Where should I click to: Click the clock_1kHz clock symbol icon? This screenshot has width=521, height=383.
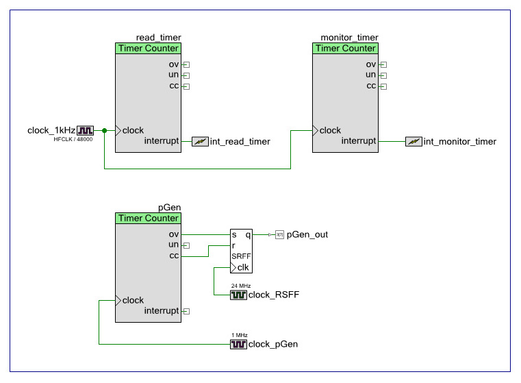click(86, 130)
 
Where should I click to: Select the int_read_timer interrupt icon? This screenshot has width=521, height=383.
click(200, 142)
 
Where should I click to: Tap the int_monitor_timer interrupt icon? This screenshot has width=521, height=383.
click(414, 142)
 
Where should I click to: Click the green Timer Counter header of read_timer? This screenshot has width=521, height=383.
click(149, 49)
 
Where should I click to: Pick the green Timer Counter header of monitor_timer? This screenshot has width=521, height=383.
click(345, 49)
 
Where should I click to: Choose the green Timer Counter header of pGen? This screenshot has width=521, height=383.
click(149, 219)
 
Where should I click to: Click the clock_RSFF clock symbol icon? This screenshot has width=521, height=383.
click(238, 295)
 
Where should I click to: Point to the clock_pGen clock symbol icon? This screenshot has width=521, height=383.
click(238, 345)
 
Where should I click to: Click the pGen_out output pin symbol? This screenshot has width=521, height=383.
click(279, 235)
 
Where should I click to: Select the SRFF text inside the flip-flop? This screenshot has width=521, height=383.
click(240, 256)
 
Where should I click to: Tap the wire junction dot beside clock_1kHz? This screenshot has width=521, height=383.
click(104, 130)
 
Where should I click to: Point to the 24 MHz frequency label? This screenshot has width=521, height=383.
click(241, 286)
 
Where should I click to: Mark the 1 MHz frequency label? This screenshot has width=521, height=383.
click(239, 335)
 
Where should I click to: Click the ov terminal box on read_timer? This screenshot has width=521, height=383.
click(186, 65)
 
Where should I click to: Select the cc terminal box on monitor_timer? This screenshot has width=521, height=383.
click(383, 86)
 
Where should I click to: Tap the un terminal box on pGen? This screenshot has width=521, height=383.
click(186, 245)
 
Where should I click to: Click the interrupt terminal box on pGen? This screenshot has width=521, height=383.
click(186, 311)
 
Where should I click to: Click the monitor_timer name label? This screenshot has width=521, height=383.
click(349, 38)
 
